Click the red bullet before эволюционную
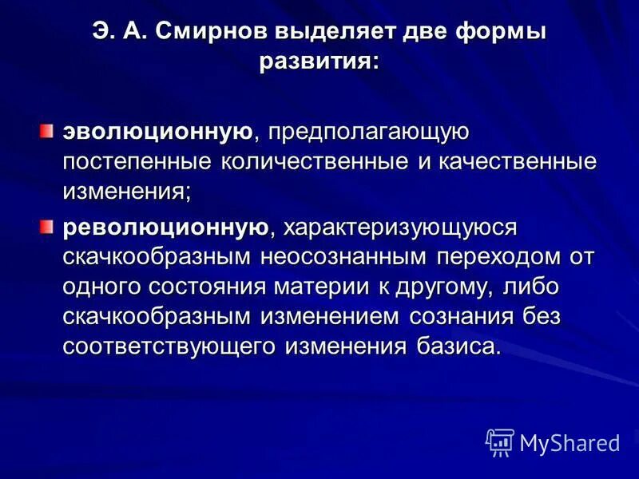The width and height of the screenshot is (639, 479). tap(49, 129)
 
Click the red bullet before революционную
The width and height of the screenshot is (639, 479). tap(49, 227)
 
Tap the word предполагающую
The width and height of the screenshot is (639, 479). tap(367, 130)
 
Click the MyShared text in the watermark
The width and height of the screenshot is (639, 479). tap(570, 441)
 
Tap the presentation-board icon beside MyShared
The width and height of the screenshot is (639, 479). tap(500, 441)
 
